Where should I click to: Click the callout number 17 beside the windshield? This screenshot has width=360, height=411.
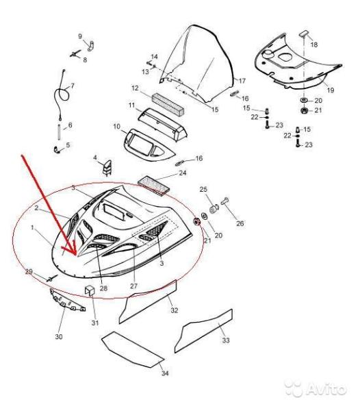[x=242, y=81]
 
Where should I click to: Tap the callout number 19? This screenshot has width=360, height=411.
[x=331, y=90]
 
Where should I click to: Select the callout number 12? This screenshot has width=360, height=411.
[x=135, y=88]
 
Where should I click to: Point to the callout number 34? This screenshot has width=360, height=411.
[x=165, y=373]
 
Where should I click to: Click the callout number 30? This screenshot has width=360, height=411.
[x=59, y=336]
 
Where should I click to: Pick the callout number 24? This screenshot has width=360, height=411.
[x=183, y=173]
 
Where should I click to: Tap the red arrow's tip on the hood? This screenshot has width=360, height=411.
[x=77, y=255]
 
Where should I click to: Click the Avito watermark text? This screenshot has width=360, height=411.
[x=326, y=389]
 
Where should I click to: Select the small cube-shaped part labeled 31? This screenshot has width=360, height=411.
[x=90, y=290]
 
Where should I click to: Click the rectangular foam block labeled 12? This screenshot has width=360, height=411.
[x=168, y=104]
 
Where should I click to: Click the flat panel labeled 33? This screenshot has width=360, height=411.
[x=203, y=331]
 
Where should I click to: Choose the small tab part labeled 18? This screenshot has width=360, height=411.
[x=303, y=34]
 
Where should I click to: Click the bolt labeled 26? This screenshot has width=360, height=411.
[x=224, y=201]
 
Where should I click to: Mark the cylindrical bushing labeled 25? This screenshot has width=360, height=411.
[x=214, y=209]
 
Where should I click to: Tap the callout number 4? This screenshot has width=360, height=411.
[x=95, y=158]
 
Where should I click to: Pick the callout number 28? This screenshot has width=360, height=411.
[x=103, y=288]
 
